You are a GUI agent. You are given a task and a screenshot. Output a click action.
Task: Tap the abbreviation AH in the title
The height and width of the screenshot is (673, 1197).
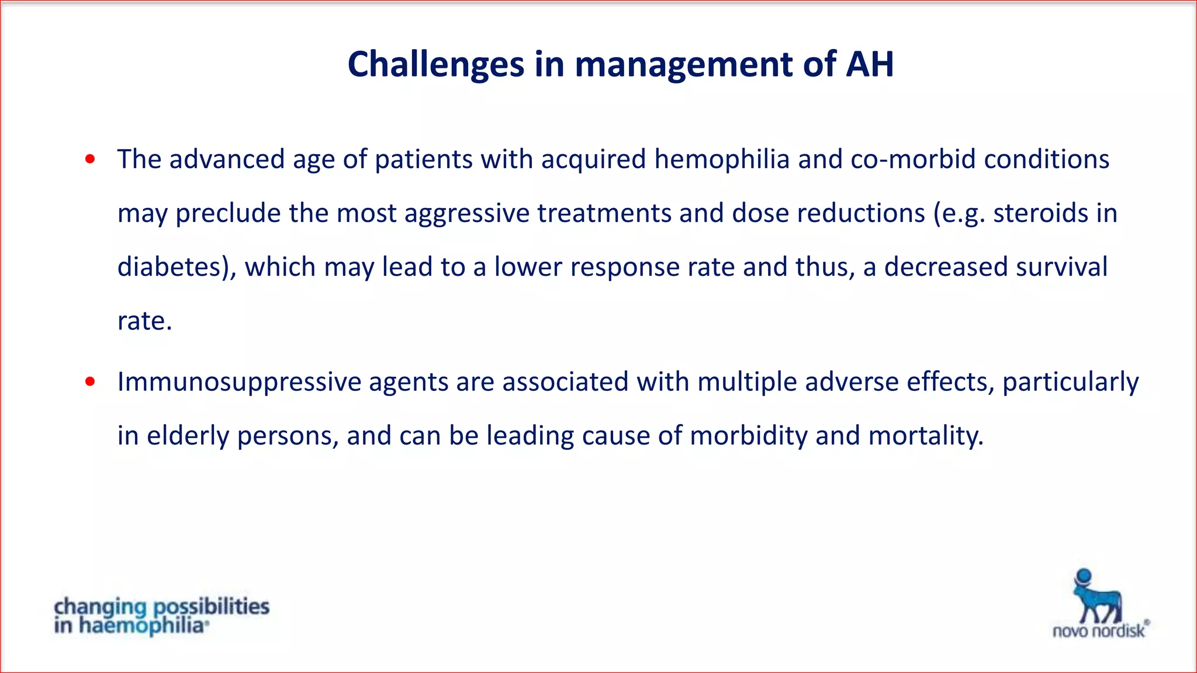pyautogui.click(x=870, y=64)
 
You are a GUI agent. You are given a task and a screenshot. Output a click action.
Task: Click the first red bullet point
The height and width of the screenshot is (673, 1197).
pyautogui.click(x=90, y=159)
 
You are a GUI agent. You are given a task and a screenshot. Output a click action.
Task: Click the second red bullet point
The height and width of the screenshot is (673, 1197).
pyautogui.click(x=90, y=381)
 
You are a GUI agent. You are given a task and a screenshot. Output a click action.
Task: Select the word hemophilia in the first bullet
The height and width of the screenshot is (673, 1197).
pyautogui.click(x=722, y=159)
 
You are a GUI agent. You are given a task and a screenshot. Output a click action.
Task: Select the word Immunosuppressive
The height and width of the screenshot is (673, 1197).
pyautogui.click(x=239, y=382)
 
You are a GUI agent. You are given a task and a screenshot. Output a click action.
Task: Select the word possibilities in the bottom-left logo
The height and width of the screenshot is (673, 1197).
pyautogui.click(x=211, y=607)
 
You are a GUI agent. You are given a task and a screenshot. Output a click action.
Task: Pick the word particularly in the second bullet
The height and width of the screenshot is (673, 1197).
pyautogui.click(x=1070, y=382)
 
